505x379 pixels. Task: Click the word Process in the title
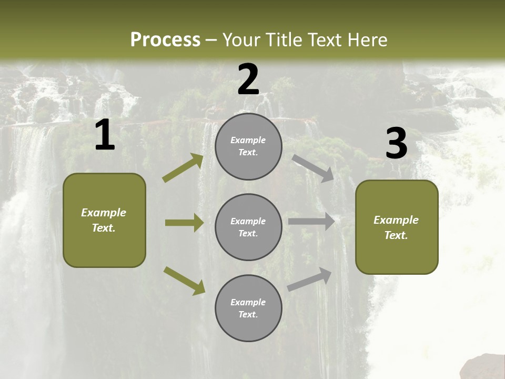(165, 39)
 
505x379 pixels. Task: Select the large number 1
(105, 135)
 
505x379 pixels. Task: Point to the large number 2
(248, 79)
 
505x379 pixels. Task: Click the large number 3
(396, 144)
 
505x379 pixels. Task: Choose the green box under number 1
(104, 220)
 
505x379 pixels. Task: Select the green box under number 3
(397, 227)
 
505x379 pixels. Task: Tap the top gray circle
(248, 146)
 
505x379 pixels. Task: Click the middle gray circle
(248, 227)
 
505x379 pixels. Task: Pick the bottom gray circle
(248, 308)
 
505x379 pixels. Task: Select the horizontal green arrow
(184, 223)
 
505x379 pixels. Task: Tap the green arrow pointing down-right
(184, 281)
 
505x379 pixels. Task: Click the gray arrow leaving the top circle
(313, 168)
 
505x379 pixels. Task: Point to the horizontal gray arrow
(311, 222)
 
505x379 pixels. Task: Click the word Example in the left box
(104, 213)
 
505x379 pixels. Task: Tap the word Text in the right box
(396, 235)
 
